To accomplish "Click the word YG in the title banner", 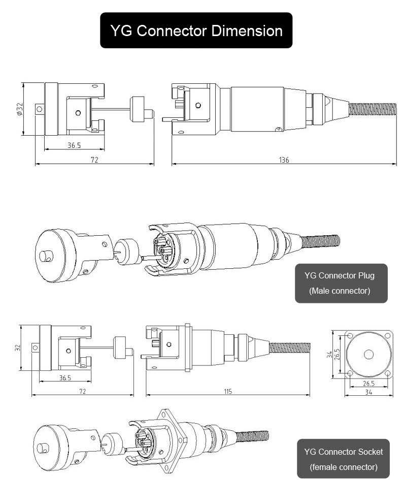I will tap(122, 30).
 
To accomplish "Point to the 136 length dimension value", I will tap(284, 160).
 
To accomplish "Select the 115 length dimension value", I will tap(227, 391).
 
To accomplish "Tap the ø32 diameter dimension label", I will tap(19, 109).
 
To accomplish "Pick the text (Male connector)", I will tap(340, 291).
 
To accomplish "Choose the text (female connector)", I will tap(343, 466).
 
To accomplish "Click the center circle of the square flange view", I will tap(369, 354).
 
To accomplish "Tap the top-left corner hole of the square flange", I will tap(350, 336).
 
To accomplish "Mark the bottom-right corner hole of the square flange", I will tap(388, 373).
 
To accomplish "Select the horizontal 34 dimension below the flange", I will tap(369, 392).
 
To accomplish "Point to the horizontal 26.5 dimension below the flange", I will tap(369, 384).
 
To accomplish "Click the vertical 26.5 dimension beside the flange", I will tap(337, 354).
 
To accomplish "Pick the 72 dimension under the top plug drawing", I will tap(94, 160).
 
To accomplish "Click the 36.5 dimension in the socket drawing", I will tap(65, 378).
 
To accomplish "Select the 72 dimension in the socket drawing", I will tap(82, 391).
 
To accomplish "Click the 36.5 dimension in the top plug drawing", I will tap(74, 145).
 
